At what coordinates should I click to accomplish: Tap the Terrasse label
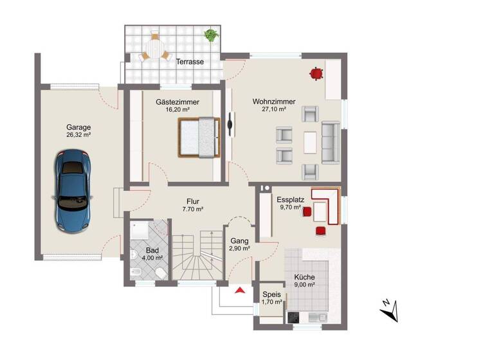(190, 62)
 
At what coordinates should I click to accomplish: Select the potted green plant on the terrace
(210, 35)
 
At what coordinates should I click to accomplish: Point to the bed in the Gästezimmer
(199, 137)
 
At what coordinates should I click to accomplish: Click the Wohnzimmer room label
(273, 102)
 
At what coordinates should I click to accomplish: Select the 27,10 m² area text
(273, 110)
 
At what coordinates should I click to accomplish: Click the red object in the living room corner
(316, 74)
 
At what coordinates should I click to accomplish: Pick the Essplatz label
(291, 200)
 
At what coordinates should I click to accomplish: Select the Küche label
(304, 278)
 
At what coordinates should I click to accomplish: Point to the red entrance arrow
(241, 291)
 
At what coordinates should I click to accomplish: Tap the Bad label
(151, 249)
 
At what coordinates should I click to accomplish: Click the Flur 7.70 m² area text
(192, 210)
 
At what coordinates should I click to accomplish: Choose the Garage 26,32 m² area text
(78, 136)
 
